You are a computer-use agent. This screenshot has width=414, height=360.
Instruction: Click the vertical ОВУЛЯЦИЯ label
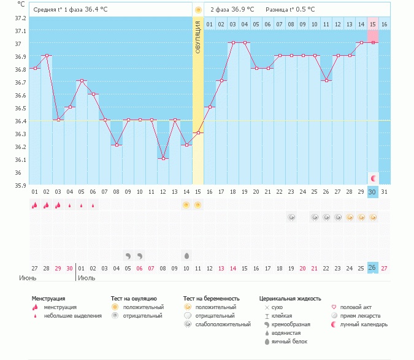pos(198,37)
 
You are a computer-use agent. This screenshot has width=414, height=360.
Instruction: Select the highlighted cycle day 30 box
pos(372,192)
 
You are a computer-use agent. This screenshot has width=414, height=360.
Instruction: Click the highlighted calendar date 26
pos(372,267)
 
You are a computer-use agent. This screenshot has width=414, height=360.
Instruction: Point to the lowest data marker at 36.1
pos(163,158)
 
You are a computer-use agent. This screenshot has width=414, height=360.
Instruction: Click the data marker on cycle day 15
pos(197,132)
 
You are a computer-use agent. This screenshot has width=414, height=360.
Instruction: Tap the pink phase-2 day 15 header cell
pos(372,24)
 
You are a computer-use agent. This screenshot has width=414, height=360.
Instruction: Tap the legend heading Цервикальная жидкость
pos(290,299)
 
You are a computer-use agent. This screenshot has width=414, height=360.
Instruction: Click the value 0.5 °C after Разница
pos(303,10)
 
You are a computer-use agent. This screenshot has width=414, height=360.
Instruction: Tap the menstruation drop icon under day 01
pos(35,205)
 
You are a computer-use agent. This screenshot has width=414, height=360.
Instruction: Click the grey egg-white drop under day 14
pos(186,255)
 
